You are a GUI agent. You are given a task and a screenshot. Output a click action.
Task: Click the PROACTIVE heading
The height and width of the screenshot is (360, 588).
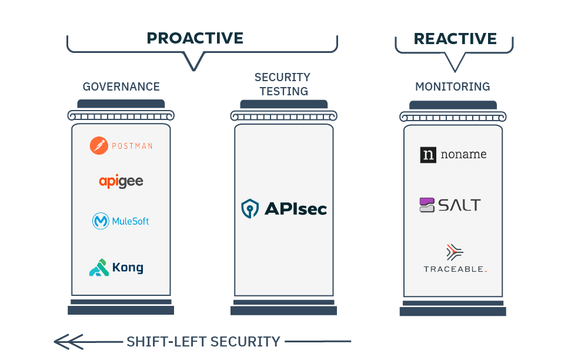point(195,38)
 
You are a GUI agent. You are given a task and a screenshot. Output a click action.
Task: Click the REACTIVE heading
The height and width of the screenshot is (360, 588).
point(455,39)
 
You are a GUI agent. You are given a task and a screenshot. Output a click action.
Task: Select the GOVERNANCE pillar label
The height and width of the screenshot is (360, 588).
point(121,86)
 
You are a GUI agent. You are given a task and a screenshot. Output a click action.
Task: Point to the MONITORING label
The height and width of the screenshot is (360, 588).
point(453,86)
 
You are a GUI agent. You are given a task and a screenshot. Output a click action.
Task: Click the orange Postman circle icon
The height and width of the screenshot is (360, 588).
point(99,145)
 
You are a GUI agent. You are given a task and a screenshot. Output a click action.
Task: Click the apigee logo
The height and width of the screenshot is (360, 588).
point(121,181)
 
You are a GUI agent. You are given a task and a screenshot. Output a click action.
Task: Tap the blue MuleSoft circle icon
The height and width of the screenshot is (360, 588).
point(101,221)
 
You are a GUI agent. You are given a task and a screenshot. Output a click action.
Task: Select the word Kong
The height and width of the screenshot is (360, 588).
point(128,268)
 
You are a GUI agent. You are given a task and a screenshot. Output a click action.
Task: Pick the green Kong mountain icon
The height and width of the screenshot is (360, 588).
point(99,268)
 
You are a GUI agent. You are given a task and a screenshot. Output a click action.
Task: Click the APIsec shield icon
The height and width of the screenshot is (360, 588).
point(250,208)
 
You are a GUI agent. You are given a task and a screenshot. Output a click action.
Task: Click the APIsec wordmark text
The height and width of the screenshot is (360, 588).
point(296,208)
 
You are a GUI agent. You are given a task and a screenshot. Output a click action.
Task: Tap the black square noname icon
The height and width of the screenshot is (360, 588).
point(428,155)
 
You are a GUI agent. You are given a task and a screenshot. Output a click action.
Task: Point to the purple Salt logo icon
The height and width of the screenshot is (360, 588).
point(427,205)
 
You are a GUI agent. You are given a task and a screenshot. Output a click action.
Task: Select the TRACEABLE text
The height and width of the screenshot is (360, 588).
point(455,269)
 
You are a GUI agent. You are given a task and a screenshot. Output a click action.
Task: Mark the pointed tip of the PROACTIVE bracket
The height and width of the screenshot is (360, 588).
point(194,70)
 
